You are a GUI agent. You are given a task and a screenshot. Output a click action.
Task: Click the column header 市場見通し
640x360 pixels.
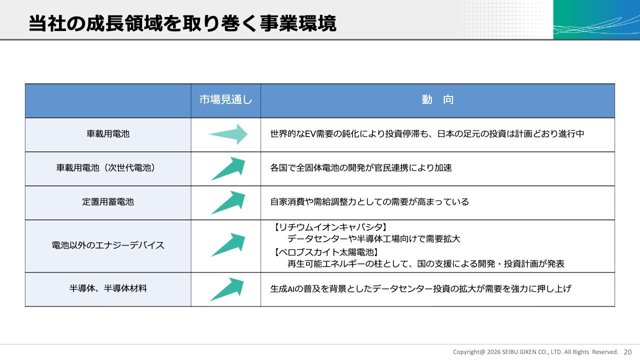[225, 99]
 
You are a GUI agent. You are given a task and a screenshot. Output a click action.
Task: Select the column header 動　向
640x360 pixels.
[437, 99]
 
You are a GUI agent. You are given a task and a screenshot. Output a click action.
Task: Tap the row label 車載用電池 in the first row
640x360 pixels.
[108, 133]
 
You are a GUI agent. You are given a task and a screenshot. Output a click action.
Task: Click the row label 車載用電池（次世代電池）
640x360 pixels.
[106, 167]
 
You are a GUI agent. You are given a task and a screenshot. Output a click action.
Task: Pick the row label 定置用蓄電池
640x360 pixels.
[108, 201]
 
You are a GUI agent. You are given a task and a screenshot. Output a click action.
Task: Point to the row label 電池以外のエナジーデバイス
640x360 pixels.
[108, 245]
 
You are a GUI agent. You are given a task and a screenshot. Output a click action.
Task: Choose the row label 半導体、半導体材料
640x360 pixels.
[108, 288]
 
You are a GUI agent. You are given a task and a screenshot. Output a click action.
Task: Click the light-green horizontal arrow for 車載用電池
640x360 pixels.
[228, 134]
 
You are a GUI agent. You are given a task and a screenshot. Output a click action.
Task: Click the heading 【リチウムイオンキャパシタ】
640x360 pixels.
[330, 227]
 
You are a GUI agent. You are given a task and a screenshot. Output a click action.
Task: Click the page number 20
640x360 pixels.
[627, 352]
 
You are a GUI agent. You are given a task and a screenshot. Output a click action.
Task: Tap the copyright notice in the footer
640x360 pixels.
[535, 352]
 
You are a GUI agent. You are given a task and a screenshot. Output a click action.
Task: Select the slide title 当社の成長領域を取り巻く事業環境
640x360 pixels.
[182, 23]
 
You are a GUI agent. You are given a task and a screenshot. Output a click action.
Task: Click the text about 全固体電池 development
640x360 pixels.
[361, 167]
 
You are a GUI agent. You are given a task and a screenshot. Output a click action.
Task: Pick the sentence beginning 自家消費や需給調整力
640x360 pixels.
[369, 201]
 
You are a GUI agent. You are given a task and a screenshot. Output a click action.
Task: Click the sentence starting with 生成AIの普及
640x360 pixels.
[421, 288]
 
